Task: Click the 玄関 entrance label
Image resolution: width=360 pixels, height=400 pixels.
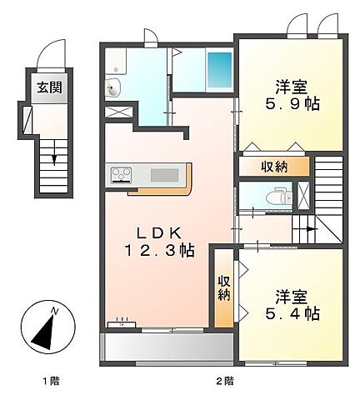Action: point(49,87)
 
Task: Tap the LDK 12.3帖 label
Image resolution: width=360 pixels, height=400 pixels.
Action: point(160,242)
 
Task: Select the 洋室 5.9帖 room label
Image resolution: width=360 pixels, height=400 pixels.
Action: point(292,96)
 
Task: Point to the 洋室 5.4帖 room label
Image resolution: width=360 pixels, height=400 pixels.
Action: point(292,306)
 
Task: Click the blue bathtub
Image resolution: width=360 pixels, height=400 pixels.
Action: point(220,69)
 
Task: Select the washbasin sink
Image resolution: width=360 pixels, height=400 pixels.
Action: point(113,87)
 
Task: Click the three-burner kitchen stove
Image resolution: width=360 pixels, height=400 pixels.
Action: point(122,175)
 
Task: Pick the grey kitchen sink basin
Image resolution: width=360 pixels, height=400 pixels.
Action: point(164,175)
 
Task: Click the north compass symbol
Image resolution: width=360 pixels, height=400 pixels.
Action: point(47,327)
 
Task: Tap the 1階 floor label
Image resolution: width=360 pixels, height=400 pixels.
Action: point(51,381)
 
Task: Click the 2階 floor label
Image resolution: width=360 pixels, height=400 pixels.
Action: point(225,381)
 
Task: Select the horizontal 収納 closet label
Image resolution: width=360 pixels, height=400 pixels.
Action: point(274,167)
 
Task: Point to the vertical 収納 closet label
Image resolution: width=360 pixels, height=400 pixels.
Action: point(224,288)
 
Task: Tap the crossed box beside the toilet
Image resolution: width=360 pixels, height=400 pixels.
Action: point(302,195)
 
